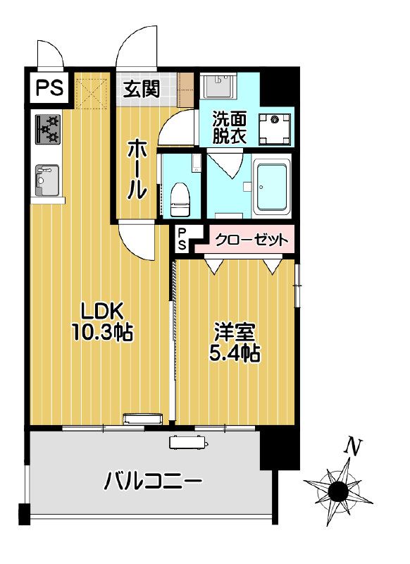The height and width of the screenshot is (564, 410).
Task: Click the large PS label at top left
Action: [49, 89]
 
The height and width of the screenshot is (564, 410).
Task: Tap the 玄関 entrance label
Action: [142, 89]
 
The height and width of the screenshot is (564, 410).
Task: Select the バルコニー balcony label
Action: [154, 483]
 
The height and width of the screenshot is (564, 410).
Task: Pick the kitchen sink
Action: [46, 180]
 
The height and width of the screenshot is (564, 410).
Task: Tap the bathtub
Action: [272, 186]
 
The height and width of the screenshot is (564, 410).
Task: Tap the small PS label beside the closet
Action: [182, 240]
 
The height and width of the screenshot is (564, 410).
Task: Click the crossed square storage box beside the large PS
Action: [91, 90]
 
